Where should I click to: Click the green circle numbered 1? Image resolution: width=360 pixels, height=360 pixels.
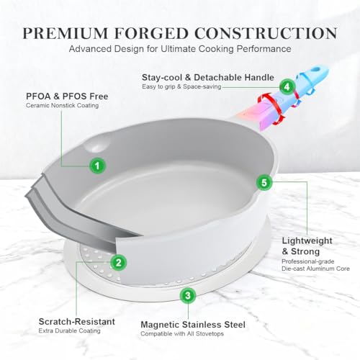coord(97,166)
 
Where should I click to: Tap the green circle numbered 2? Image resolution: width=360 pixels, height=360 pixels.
coord(118,262)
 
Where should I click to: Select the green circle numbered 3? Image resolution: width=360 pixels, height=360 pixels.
coord(188,295)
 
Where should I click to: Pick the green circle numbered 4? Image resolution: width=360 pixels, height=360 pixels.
coord(287,86)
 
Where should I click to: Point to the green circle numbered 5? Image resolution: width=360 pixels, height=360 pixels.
coord(264,182)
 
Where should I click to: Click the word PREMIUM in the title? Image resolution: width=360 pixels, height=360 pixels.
coord(66,33)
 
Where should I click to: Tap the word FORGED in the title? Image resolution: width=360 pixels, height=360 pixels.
coord(151,33)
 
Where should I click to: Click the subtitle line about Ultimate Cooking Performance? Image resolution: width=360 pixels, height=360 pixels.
coord(180,49)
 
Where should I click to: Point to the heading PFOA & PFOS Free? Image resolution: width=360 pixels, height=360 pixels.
coord(67,96)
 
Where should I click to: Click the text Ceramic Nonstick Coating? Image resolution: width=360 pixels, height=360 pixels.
coord(62,106)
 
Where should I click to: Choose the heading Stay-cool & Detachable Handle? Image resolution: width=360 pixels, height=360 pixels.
coord(208,77)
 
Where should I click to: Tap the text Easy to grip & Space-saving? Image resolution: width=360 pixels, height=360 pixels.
coord(181,86)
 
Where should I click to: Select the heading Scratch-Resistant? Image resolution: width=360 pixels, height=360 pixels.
coord(77,322)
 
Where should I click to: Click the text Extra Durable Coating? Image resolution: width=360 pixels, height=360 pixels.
coord(69,330)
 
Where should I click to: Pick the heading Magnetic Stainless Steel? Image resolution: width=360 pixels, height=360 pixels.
coord(193,325)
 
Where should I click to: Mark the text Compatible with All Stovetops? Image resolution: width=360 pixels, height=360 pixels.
coord(182,334)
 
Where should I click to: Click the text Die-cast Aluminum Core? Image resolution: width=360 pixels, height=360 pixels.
coord(315,269)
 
